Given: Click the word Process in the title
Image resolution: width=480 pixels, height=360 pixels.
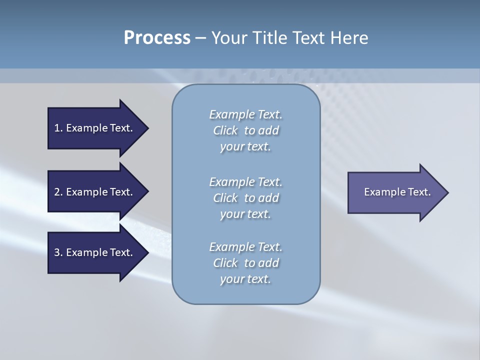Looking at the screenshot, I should click(157, 38).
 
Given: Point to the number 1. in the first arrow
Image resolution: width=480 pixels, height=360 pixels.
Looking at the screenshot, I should click(58, 128).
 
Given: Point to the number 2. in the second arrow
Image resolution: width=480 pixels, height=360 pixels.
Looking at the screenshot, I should click(58, 192).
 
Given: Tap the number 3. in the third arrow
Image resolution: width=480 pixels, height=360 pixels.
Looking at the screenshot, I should click(58, 252).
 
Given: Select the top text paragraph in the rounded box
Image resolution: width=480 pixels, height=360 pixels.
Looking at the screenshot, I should click(245, 130).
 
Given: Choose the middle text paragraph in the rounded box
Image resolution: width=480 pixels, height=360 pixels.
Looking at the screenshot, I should click(245, 197).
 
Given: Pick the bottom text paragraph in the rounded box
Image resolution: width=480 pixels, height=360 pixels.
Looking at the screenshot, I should click(245, 263).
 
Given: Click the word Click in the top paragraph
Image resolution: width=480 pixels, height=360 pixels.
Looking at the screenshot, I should click(225, 130).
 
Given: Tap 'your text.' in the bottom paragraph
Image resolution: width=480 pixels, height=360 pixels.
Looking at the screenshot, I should click(245, 279).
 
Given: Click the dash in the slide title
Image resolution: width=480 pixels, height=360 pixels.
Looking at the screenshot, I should click(200, 38).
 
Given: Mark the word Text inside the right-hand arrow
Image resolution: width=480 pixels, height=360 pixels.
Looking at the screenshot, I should click(419, 192).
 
